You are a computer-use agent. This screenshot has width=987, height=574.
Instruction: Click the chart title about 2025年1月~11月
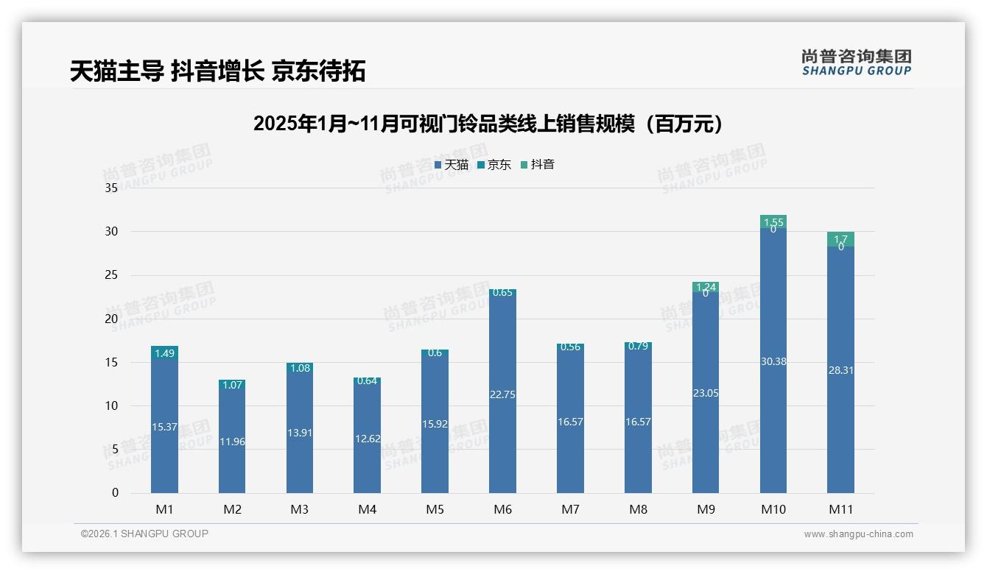(x=488, y=124)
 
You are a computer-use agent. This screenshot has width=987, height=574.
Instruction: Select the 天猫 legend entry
(x=452, y=165)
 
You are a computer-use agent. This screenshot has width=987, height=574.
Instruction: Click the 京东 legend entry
(x=494, y=165)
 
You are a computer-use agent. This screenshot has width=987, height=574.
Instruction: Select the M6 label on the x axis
(x=502, y=509)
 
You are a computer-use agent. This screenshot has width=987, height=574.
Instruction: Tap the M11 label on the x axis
(x=840, y=509)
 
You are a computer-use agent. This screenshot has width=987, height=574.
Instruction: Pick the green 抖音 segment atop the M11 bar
(x=840, y=239)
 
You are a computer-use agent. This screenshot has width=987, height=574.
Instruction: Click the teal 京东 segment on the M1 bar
(x=164, y=353)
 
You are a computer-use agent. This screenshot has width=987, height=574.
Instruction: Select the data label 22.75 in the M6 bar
(x=502, y=394)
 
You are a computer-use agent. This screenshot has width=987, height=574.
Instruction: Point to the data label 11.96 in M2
(x=232, y=442)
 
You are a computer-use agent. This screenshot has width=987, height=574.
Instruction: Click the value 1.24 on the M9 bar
(x=706, y=287)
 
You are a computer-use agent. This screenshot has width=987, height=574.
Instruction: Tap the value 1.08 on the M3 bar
(x=300, y=367)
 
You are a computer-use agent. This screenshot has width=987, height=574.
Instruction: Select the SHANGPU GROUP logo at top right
(x=856, y=62)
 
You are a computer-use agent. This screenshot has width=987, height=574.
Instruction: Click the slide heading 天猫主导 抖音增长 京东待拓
(x=218, y=71)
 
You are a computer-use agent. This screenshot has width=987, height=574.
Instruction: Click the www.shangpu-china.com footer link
(x=858, y=534)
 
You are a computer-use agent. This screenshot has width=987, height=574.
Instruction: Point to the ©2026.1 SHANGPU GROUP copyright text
(x=144, y=534)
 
